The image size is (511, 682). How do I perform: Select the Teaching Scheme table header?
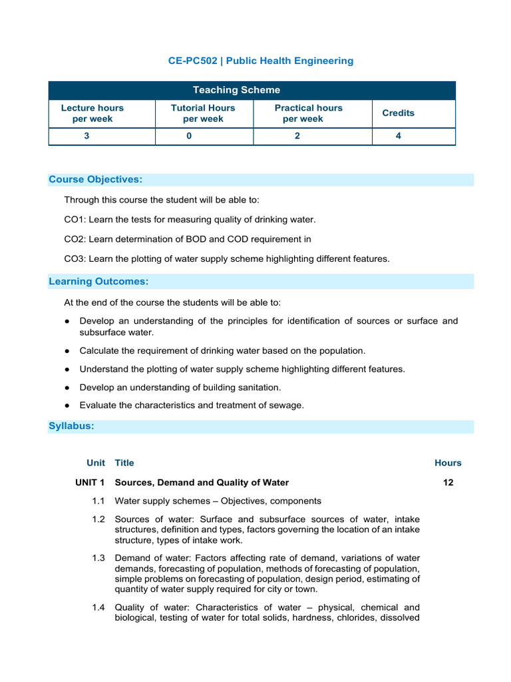pyautogui.click(x=236, y=90)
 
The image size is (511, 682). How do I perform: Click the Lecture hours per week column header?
pyautogui.click(x=92, y=113)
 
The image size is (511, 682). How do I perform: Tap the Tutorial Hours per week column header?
pyautogui.click(x=203, y=113)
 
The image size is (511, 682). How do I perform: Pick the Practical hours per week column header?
pyautogui.click(x=308, y=113)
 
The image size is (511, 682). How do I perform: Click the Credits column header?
pyautogui.click(x=398, y=113)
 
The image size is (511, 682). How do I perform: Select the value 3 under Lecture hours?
pyautogui.click(x=86, y=136)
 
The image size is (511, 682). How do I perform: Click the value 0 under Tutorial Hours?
pyautogui.click(x=189, y=136)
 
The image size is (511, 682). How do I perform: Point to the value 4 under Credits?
pyautogui.click(x=398, y=136)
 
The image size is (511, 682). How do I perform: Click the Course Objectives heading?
pyautogui.click(x=96, y=180)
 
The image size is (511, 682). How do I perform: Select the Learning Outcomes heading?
pyautogui.click(x=98, y=282)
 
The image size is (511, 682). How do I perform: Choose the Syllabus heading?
pyautogui.click(x=71, y=426)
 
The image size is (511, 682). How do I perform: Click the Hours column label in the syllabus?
pyautogui.click(x=448, y=463)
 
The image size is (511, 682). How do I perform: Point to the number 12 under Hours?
pyautogui.click(x=448, y=483)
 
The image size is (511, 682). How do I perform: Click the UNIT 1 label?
pyautogui.click(x=90, y=483)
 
